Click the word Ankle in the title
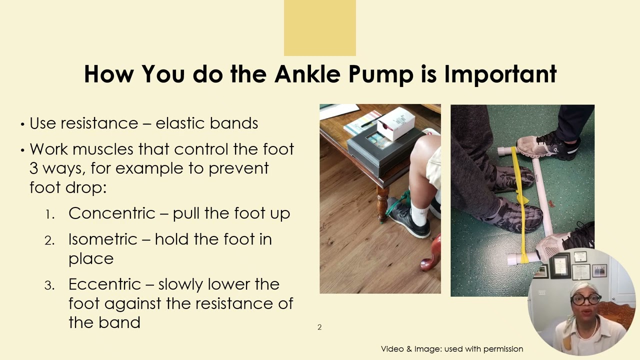click(307, 74)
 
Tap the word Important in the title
click(500, 74)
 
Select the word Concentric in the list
click(111, 213)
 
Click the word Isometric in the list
click(102, 239)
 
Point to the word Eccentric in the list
click(104, 284)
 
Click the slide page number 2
click(319, 327)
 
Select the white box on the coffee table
click(396, 123)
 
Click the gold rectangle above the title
click(320, 27)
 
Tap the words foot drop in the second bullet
click(68, 187)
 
